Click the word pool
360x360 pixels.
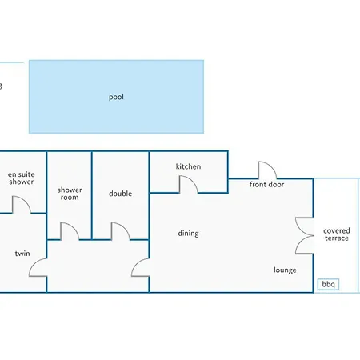pyautogui.click(x=116, y=97)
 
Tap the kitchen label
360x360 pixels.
pyautogui.click(x=188, y=166)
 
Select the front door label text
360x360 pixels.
pyautogui.click(x=266, y=184)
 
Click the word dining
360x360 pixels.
pyautogui.click(x=188, y=234)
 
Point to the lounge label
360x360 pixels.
pyautogui.click(x=285, y=270)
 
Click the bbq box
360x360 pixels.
pyautogui.click(x=328, y=284)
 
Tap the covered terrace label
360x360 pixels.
pyautogui.click(x=337, y=234)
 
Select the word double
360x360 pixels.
pyautogui.click(x=120, y=194)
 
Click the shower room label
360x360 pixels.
pyautogui.click(x=70, y=194)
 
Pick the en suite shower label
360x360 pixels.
pyautogui.click(x=22, y=178)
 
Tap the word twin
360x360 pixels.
pyautogui.click(x=22, y=254)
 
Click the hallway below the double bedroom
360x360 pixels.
pyautogui.click(x=98, y=266)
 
